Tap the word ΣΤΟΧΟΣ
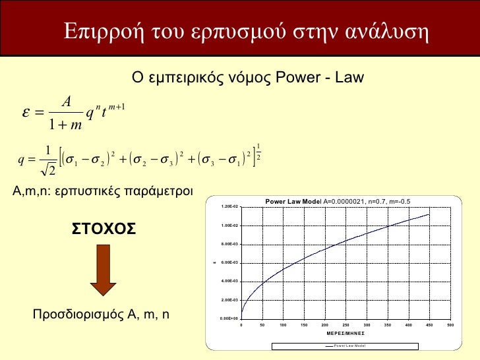(x=104, y=228)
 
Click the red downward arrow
(x=103, y=270)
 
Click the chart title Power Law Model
(x=293, y=201)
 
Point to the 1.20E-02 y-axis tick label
(x=230, y=207)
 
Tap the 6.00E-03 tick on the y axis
(x=230, y=262)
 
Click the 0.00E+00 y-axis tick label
(x=230, y=318)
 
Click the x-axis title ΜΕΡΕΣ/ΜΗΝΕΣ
(x=345, y=333)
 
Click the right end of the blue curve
(x=429, y=214)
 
